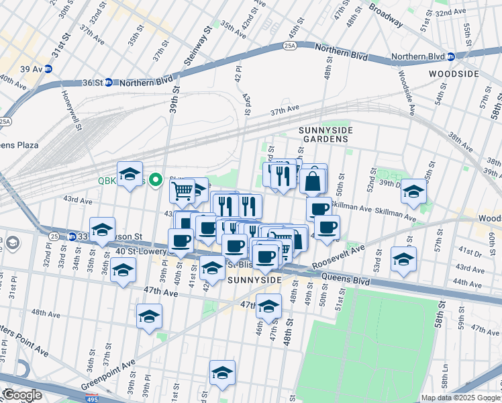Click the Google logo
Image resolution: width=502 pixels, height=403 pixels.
pyautogui.click(x=22, y=395)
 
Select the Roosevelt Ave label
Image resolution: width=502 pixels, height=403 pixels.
pyautogui.click(x=342, y=256)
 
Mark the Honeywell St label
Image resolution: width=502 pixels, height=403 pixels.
pyautogui.click(x=72, y=111)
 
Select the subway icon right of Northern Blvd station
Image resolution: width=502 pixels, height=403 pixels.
pyautogui.click(x=452, y=56)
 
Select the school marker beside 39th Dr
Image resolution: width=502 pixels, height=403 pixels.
pyautogui.click(x=413, y=191)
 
